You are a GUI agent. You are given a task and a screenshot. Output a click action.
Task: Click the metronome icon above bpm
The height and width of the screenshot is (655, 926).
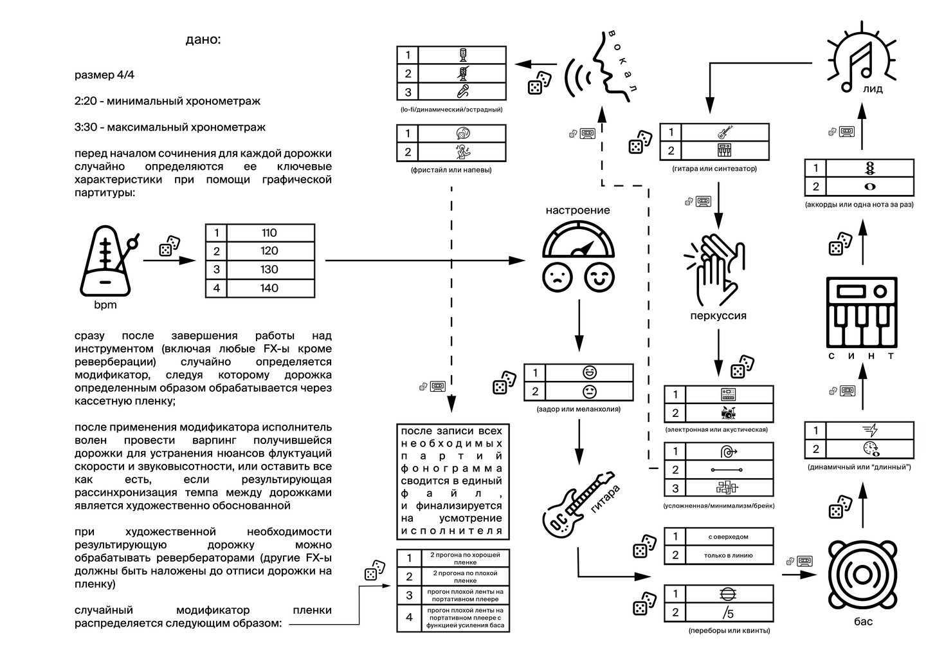point(106,261)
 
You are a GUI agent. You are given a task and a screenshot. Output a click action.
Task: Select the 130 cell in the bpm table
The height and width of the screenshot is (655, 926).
point(269,270)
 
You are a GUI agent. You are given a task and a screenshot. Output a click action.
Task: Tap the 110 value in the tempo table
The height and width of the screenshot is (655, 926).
point(269,233)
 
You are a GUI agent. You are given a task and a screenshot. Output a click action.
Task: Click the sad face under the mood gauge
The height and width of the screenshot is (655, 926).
point(557,277)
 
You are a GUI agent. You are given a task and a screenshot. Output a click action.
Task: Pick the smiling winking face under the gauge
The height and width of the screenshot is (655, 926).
point(599,277)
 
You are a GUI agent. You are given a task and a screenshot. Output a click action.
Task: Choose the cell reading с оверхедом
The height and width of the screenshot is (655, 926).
point(727,537)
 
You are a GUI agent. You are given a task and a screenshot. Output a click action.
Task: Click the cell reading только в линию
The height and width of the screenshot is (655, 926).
point(727,555)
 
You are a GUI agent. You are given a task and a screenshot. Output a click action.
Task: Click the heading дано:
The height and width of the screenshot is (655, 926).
point(203,40)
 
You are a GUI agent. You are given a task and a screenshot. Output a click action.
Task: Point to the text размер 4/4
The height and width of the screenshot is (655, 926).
point(105,75)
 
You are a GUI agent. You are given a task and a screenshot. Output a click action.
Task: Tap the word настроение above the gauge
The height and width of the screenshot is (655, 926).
point(577,210)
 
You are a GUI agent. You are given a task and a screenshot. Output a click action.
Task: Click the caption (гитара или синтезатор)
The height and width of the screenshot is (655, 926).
point(714,169)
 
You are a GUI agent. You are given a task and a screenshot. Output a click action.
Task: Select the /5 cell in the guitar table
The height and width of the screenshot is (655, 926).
point(727,612)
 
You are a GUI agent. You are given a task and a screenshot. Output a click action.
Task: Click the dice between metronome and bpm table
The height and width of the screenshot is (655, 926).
point(169,245)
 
